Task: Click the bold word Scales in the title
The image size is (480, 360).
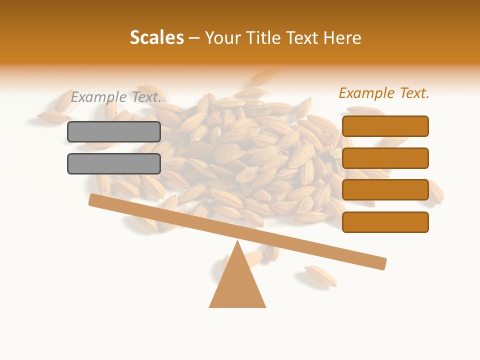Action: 156,38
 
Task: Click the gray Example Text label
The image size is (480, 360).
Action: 116,97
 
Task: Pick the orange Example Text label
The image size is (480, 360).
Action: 384,93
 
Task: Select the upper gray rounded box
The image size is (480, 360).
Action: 114,131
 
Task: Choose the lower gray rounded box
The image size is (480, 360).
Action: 114,163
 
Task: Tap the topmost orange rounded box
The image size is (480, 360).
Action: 385,126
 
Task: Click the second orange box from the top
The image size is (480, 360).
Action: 385,158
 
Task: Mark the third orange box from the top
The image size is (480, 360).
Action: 385,190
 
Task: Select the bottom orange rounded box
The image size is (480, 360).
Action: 385,222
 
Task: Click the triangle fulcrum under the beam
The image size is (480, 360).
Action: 237,285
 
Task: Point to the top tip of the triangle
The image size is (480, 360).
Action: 237,242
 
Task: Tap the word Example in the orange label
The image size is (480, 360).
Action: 366,93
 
